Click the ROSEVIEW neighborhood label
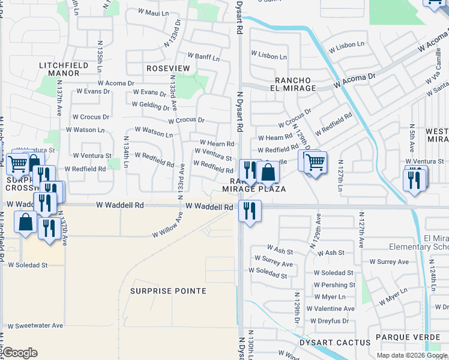pos(168,68)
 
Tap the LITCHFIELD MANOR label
pos(59,69)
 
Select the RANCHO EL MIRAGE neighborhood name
pos(295,84)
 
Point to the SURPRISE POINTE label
pos(169,291)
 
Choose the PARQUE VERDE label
pos(408,337)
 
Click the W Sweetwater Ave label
pos(35,326)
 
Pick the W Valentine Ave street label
pos(330,308)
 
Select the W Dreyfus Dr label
pos(328,321)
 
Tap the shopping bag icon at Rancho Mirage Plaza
pos(268,173)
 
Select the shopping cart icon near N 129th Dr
pos(313,161)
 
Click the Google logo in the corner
pos(20,353)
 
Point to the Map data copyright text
pos(412,355)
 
